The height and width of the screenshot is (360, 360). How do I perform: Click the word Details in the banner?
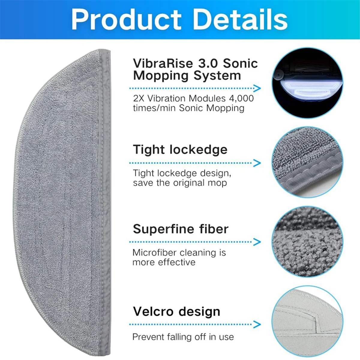[240, 20]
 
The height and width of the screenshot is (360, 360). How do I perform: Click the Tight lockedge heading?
[180, 149]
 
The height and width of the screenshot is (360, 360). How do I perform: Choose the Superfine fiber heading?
[181, 229]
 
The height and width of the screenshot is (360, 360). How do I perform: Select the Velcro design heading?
[176, 311]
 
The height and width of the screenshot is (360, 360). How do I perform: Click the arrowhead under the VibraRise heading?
[257, 88]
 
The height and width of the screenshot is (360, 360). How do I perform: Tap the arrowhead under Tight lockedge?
[257, 163]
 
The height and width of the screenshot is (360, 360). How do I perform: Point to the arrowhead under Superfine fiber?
[257, 242]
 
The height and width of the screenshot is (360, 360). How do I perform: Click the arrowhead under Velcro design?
[257, 324]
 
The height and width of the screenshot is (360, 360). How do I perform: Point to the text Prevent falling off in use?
[183, 337]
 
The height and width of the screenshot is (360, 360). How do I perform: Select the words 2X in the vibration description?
[139, 98]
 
